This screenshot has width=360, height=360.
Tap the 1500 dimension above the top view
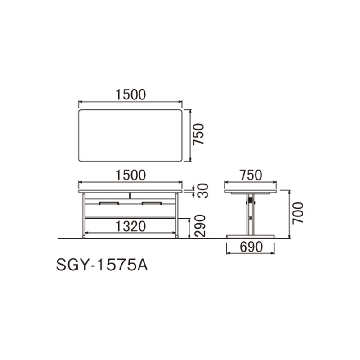click(x=130, y=95)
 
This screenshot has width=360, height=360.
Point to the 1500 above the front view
click(x=130, y=175)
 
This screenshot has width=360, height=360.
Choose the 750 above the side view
click(x=251, y=175)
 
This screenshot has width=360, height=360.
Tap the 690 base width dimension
click(x=251, y=247)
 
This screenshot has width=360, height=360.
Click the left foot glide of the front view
click(x=83, y=236)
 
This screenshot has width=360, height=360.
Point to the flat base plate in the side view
click(x=251, y=237)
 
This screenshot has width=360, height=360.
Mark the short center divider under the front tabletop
click(x=130, y=195)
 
